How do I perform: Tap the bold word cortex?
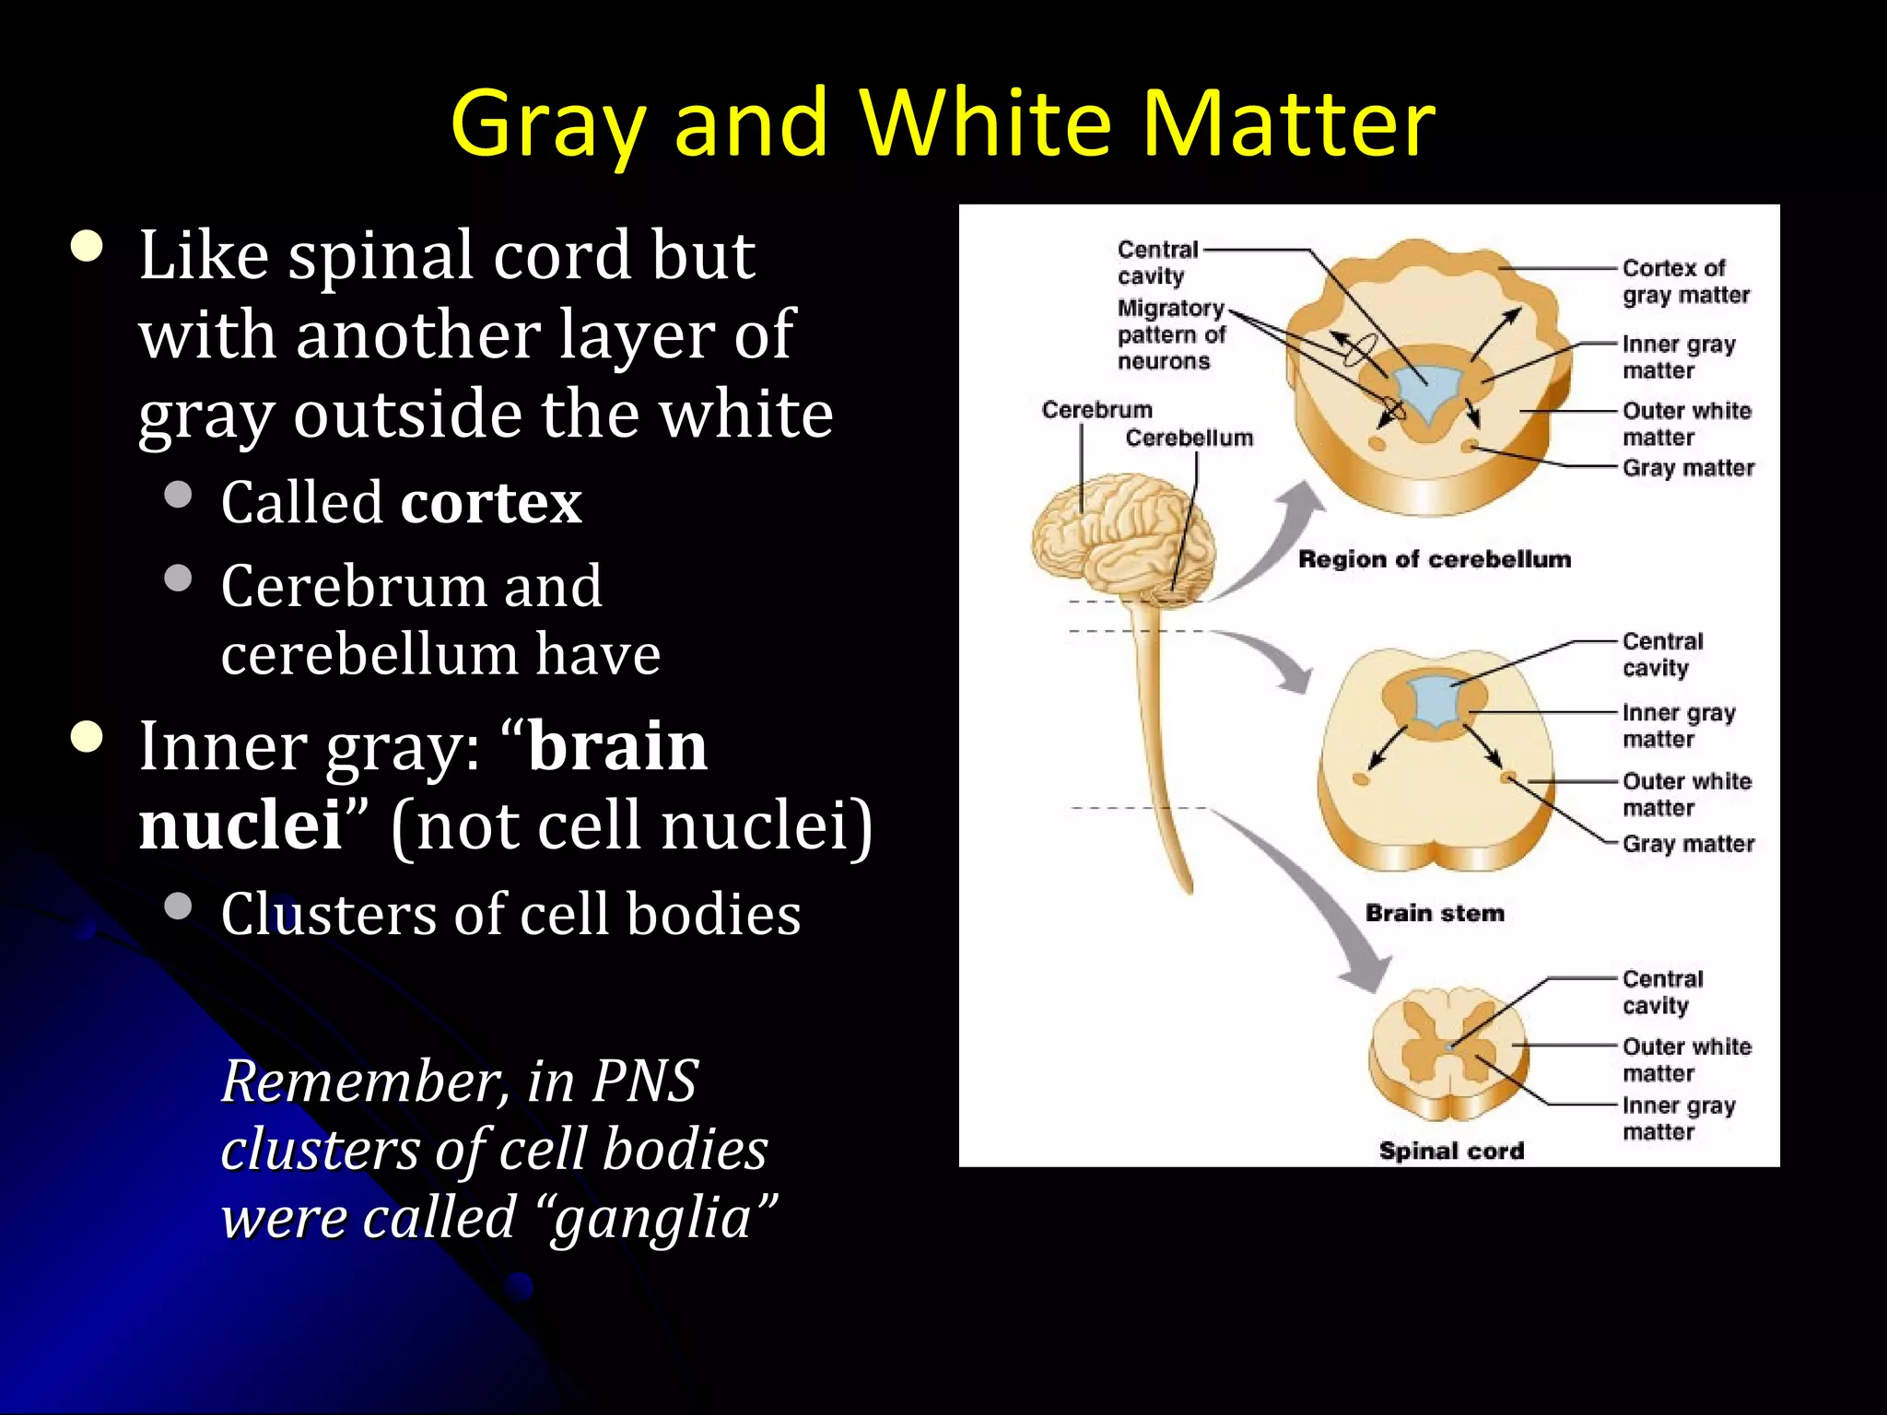pyautogui.click(x=491, y=503)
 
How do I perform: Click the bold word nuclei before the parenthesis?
pyautogui.click(x=240, y=824)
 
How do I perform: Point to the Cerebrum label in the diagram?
pyautogui.click(x=1096, y=410)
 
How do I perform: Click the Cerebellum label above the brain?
pyautogui.click(x=1189, y=439)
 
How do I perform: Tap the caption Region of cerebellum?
pyautogui.click(x=1434, y=559)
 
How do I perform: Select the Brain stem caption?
pyautogui.click(x=1434, y=913)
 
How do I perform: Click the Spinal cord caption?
pyautogui.click(x=1451, y=1151)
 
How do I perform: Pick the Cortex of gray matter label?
pyautogui.click(x=1685, y=281)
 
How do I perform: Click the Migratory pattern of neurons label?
pyautogui.click(x=1171, y=334)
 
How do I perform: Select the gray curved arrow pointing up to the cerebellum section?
pyautogui.click(x=1281, y=544)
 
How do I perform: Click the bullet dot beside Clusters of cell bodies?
pyautogui.click(x=178, y=906)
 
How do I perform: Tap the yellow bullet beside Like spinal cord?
pyautogui.click(x=88, y=247)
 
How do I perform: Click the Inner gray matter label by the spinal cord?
pyautogui.click(x=1678, y=1118)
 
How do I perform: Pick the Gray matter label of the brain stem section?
pyautogui.click(x=1687, y=844)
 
